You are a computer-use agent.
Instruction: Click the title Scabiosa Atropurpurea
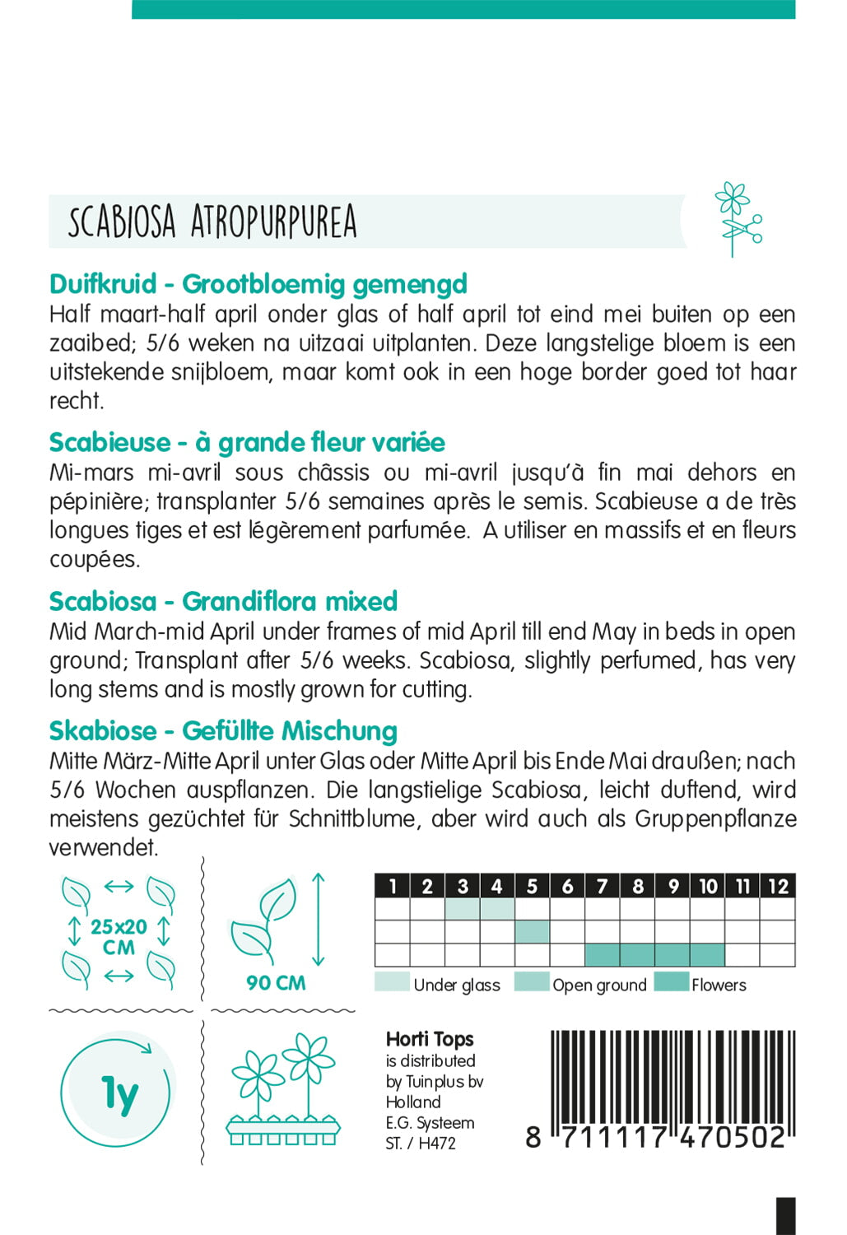tap(212, 221)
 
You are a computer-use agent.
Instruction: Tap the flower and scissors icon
tap(737, 219)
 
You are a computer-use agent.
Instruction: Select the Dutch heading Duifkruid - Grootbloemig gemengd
tap(258, 284)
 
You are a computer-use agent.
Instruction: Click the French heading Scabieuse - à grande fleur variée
tap(247, 443)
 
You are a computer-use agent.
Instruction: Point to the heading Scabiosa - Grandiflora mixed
tap(223, 602)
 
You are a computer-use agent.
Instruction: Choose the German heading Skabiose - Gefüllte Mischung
tap(223, 731)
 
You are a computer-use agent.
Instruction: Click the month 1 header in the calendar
tap(393, 886)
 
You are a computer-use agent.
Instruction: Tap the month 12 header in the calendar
tap(778, 886)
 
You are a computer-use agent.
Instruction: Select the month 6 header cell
tap(567, 886)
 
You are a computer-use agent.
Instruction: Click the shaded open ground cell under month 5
tap(533, 932)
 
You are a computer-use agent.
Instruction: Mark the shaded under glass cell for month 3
tap(463, 909)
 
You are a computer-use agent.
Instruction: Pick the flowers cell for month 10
tap(708, 955)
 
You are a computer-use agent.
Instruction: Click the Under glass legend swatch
tap(392, 982)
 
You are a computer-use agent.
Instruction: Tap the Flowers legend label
tap(719, 986)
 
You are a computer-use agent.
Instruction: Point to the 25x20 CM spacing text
tap(119, 937)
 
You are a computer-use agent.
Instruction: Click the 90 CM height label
tap(276, 983)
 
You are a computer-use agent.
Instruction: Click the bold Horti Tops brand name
tap(430, 1040)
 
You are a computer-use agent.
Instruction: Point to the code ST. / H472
tap(421, 1144)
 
